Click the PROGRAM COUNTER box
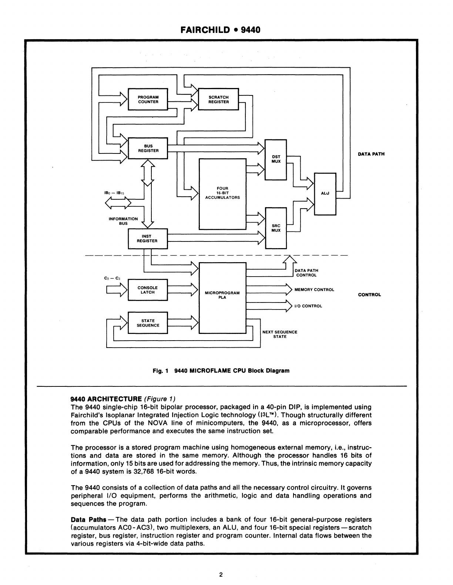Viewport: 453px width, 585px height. [x=148, y=99]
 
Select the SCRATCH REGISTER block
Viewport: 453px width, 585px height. [x=218, y=99]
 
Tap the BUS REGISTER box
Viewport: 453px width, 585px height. [x=148, y=148]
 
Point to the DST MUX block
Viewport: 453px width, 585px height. [x=276, y=159]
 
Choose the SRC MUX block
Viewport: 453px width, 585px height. [x=276, y=228]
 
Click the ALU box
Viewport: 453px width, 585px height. [x=325, y=193]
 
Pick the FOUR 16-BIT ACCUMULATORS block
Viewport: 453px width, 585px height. [x=222, y=193]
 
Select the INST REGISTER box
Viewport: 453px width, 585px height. [x=147, y=239]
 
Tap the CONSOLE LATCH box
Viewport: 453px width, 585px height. [x=148, y=290]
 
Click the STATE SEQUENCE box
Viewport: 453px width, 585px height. [x=148, y=323]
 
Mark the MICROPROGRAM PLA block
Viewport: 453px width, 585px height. [x=222, y=295]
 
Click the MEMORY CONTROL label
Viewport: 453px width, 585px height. [x=314, y=290]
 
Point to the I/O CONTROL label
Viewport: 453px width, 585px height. [x=308, y=306]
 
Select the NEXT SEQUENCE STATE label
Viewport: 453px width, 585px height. [x=280, y=334]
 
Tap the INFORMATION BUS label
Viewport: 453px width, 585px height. [x=123, y=221]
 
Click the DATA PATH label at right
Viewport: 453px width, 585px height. [x=371, y=154]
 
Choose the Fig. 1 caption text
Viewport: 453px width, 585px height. [x=221, y=371]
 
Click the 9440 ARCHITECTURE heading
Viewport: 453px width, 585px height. [x=106, y=399]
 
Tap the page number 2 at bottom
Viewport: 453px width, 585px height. [x=221, y=574]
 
